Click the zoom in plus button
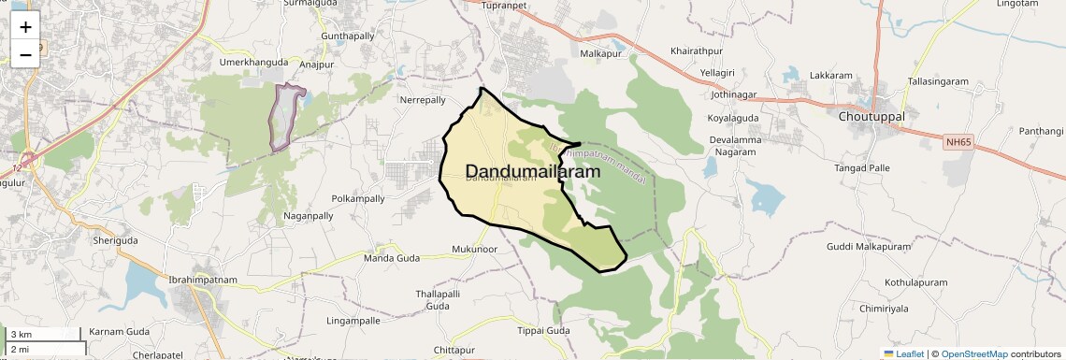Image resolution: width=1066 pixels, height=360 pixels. point(25,27)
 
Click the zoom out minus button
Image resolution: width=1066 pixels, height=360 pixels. point(25,54)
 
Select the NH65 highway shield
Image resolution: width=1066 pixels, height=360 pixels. point(957,141)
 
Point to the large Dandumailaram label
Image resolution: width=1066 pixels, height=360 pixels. point(532,171)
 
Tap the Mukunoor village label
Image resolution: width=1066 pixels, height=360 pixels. point(474,250)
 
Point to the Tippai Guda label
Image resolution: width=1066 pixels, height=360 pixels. point(543,331)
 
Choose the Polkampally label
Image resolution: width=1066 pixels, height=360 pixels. point(358,199)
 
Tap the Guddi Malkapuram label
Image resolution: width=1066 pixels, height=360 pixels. point(869,247)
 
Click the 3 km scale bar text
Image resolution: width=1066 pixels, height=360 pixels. point(22,334)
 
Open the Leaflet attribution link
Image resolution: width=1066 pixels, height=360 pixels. point(910,354)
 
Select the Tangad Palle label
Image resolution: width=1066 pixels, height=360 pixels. point(861,167)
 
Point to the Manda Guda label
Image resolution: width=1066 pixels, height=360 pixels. point(392,257)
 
